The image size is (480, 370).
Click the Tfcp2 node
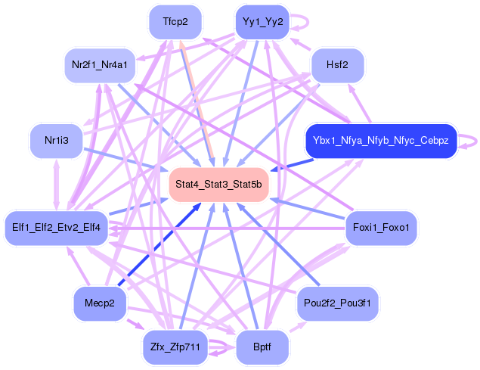(x=175, y=23)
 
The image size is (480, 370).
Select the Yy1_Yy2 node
(x=262, y=21)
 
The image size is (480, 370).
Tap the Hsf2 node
(x=336, y=65)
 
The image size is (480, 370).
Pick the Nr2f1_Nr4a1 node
(x=99, y=65)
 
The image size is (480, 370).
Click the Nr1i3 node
(x=55, y=141)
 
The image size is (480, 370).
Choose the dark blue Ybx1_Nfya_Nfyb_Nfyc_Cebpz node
(x=381, y=141)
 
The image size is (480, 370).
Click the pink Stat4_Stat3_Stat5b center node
(x=218, y=185)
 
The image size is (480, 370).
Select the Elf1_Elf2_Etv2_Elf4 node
(x=56, y=227)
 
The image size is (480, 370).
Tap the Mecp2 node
(x=99, y=303)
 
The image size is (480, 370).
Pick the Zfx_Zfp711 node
(x=175, y=347)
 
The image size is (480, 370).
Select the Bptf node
(x=262, y=347)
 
